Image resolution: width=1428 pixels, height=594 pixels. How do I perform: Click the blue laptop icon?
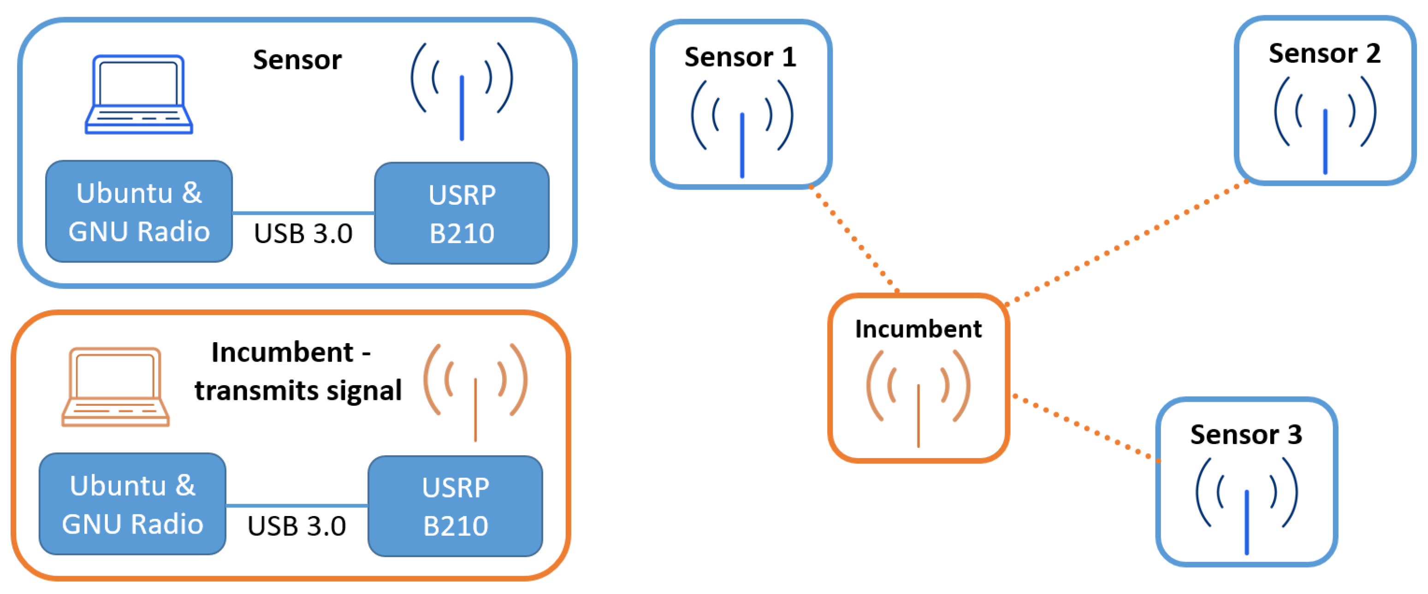click(139, 94)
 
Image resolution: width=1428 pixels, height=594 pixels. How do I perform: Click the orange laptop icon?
click(115, 386)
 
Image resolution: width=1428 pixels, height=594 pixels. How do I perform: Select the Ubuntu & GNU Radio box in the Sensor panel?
click(139, 211)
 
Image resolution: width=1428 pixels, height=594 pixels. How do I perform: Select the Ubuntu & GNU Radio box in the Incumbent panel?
click(132, 504)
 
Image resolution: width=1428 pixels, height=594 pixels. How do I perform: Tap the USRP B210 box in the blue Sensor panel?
click(461, 213)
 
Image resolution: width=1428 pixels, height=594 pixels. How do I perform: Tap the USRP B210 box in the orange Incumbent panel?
click(455, 506)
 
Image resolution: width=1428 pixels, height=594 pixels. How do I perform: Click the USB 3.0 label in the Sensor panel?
click(302, 233)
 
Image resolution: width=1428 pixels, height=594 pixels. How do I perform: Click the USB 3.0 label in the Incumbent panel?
click(296, 526)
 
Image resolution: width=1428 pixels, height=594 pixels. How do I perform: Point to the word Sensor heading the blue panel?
click(297, 59)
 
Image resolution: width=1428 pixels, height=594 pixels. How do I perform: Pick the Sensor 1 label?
click(740, 57)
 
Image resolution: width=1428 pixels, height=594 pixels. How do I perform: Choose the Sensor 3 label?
click(1245, 434)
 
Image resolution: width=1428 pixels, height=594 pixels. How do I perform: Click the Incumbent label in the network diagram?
click(918, 329)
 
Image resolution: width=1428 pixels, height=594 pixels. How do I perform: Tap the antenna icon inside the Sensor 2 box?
click(1325, 125)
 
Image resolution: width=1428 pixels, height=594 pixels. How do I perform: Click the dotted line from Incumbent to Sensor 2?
click(1126, 243)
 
